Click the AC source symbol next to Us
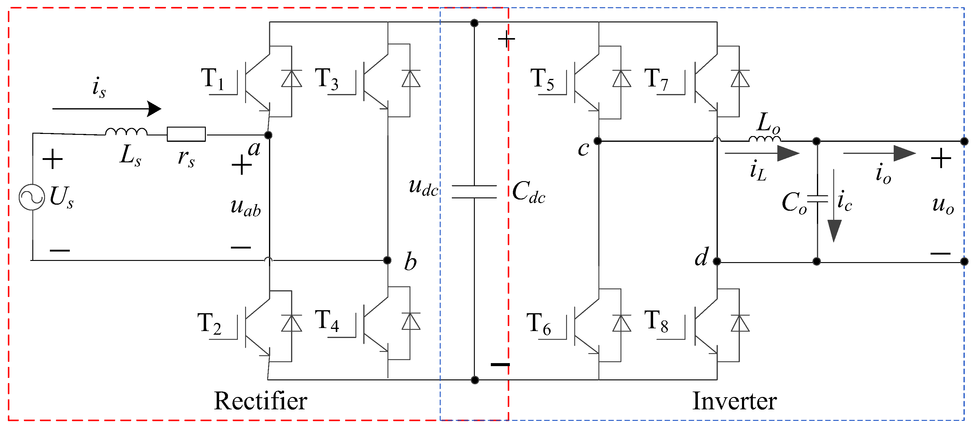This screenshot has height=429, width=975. [32, 197]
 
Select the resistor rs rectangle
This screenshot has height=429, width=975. [186, 134]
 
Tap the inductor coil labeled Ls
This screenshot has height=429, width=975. [126, 132]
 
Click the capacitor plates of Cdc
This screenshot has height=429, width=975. [474, 192]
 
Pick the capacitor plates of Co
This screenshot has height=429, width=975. [817, 199]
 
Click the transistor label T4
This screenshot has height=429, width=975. [327, 320]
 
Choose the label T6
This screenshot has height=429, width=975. [539, 324]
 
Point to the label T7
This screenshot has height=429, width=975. [656, 80]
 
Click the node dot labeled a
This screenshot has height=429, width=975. [268, 135]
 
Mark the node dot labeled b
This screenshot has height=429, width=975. [387, 260]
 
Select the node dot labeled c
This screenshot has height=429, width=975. [598, 141]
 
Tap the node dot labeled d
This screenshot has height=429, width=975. [717, 261]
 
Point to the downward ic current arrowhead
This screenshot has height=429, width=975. [834, 230]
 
